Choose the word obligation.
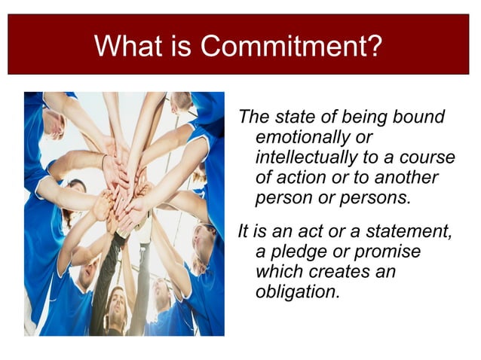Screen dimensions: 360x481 coord(298,291)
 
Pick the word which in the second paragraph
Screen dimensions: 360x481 coord(280,270)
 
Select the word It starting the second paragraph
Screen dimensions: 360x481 coord(243,231)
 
